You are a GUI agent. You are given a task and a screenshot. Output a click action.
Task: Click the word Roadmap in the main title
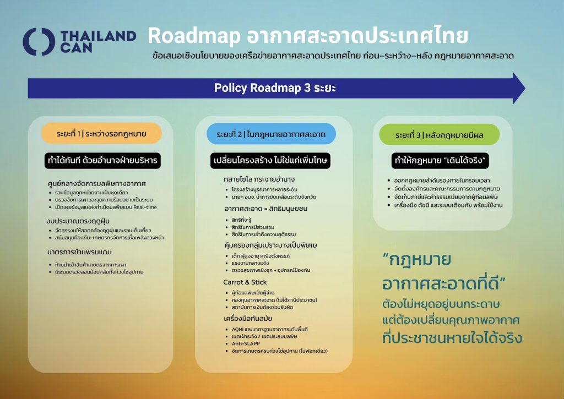pos(194,36)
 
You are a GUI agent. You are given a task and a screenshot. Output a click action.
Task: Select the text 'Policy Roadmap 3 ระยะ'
pos(275,88)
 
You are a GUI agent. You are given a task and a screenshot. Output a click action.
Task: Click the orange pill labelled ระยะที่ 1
pos(101,134)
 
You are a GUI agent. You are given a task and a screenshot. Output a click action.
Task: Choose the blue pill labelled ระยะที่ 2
pos(271,134)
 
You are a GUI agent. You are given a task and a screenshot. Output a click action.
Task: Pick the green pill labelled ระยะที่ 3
pos(439,135)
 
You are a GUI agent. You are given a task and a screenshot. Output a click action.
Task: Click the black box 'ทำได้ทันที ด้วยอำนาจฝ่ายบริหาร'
pos(102,160)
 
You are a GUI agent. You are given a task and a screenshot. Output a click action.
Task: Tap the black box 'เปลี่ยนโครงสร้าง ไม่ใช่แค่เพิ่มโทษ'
pos(270,160)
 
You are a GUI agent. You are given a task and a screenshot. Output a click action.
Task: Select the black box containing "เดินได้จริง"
pos(440,160)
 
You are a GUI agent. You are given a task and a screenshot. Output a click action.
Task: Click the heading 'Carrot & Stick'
pos(245,282)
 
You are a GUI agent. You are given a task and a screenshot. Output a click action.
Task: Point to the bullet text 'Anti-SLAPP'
pos(246,343)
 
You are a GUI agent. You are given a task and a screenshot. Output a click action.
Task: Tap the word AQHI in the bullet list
pos(237,329)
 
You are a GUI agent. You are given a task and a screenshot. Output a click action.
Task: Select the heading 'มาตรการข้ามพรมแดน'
pos(79,252)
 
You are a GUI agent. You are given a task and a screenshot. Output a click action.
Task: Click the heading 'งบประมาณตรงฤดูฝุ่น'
pos(78,221)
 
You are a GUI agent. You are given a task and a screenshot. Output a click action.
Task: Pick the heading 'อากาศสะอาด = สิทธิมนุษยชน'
pos(266,209)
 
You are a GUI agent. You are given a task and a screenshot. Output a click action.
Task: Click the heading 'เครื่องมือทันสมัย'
pos(248,319)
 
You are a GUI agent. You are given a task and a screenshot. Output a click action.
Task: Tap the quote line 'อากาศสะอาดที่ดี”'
pos(444,283)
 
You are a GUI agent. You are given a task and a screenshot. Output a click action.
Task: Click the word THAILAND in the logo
pos(98,36)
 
